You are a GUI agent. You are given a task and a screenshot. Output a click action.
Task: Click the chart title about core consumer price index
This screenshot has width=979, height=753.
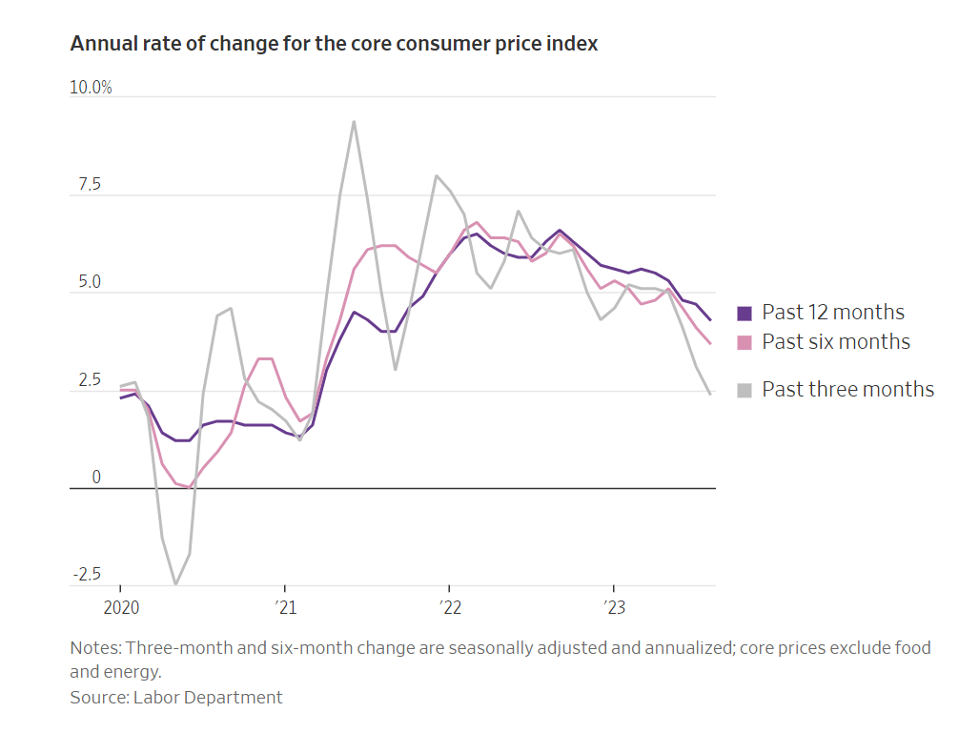(334, 44)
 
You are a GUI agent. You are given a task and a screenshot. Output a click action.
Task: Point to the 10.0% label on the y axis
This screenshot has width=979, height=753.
(91, 88)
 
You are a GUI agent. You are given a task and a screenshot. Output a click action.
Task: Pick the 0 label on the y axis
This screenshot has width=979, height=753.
(95, 478)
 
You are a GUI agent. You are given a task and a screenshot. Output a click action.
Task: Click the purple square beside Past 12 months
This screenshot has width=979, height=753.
(745, 313)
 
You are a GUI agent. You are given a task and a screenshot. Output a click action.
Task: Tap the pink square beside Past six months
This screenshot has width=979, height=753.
(745, 342)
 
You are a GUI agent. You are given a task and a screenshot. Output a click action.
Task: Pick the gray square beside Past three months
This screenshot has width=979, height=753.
(745, 390)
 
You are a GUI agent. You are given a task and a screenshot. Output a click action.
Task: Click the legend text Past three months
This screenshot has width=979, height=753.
(847, 389)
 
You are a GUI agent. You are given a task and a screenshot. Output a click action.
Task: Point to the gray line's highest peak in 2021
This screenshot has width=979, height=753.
(354, 122)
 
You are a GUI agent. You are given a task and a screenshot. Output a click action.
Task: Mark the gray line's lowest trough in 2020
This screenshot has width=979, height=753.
(175, 583)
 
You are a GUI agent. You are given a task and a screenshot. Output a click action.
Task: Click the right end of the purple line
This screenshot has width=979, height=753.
(710, 320)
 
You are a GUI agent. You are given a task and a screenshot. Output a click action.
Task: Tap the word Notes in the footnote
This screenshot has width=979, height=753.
(94, 648)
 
